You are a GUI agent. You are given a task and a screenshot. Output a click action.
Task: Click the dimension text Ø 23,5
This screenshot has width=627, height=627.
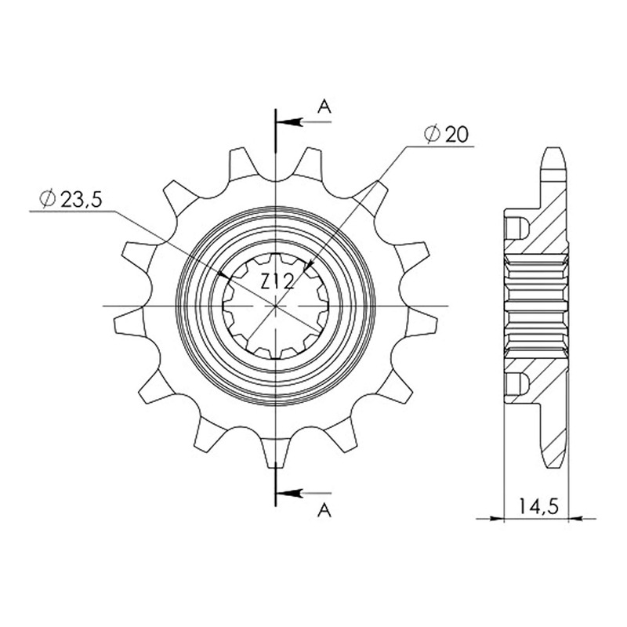click(71, 199)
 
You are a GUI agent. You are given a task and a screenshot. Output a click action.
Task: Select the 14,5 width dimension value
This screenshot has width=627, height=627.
click(538, 507)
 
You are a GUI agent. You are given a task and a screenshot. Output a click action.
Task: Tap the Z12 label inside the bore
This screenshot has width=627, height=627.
click(277, 282)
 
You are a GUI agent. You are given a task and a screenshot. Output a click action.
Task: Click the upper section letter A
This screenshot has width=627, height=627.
click(324, 107)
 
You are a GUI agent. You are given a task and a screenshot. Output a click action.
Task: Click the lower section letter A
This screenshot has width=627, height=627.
click(324, 510)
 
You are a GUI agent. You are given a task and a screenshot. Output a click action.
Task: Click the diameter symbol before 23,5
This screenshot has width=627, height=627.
click(47, 199)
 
